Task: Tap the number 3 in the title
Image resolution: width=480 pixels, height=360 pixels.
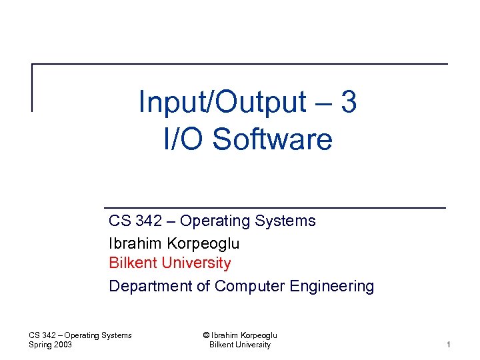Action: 347,103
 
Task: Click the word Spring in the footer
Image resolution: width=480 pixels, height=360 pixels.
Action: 41,345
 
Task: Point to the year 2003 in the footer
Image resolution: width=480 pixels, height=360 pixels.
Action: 63,345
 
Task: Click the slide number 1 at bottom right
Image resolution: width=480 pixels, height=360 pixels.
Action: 449,345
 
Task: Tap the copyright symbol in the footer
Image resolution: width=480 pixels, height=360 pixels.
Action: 205,335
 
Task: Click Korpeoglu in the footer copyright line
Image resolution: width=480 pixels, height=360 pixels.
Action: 257,335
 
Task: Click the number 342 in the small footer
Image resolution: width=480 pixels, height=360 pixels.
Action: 51,335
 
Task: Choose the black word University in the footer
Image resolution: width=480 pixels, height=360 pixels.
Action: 250,345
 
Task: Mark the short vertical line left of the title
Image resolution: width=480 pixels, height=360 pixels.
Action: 32,87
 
